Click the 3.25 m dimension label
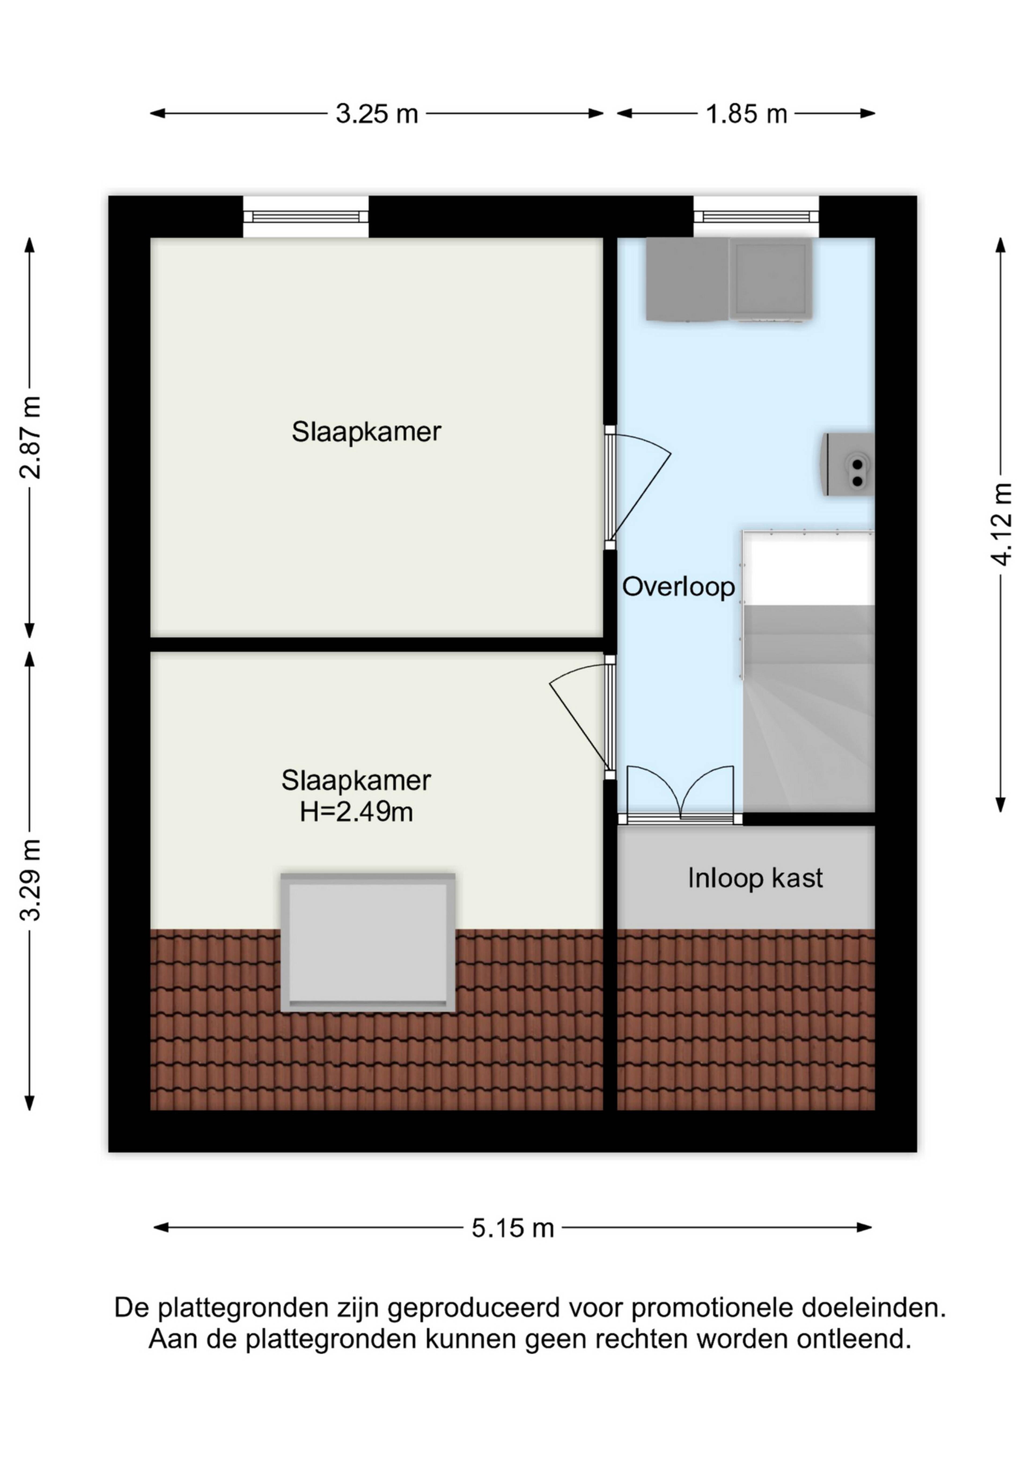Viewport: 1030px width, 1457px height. tap(377, 114)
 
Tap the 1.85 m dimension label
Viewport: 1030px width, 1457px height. tap(746, 114)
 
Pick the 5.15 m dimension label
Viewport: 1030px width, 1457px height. tap(513, 1228)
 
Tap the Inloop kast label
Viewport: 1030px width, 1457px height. tap(755, 878)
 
